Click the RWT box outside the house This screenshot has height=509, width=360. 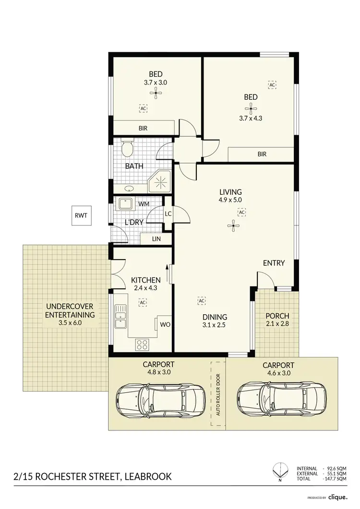point(80,215)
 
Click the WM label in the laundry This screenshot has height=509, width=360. point(143,204)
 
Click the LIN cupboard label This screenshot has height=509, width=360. point(156,238)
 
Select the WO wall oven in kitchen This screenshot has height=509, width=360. point(165,324)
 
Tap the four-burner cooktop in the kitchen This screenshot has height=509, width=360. point(143,343)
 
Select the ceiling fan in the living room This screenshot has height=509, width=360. point(233,225)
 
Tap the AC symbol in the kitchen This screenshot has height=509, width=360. point(143,303)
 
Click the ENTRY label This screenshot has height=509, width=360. point(274,263)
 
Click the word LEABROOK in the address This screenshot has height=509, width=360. point(147,477)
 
